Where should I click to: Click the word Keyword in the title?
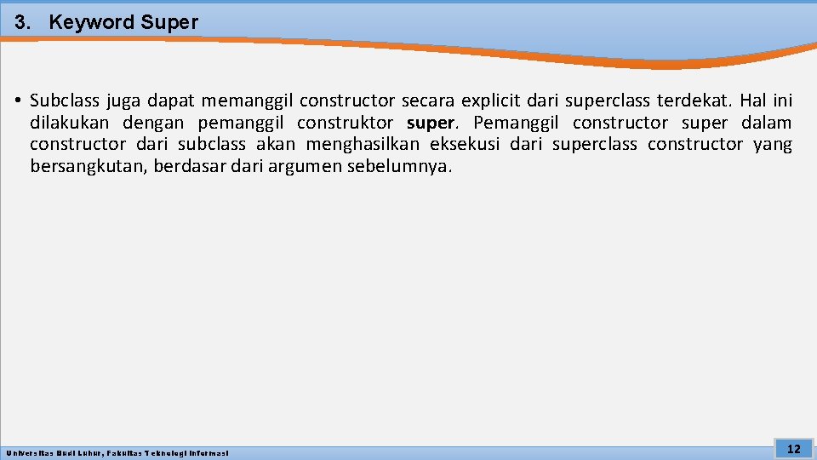(x=92, y=23)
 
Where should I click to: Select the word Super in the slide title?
(x=169, y=23)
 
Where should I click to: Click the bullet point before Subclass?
(x=18, y=102)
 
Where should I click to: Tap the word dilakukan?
(x=71, y=124)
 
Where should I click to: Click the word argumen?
(x=304, y=166)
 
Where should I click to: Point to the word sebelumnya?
(x=399, y=166)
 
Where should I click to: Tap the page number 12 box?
(x=793, y=449)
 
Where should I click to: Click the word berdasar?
(x=184, y=166)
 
